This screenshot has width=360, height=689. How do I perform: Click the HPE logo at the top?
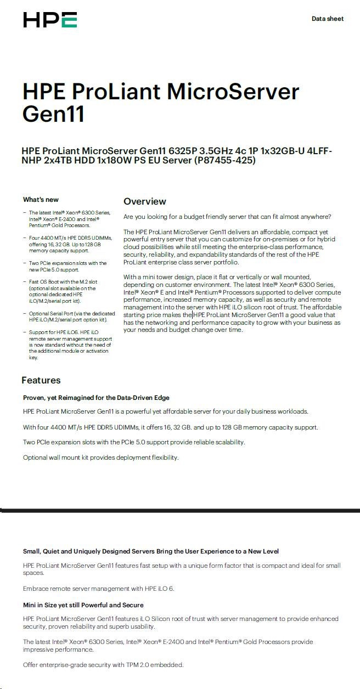[50, 20]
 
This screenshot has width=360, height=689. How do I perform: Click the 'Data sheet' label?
[327, 19]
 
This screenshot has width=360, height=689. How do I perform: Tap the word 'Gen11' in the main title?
[54, 115]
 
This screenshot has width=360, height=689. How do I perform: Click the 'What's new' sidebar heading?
[41, 200]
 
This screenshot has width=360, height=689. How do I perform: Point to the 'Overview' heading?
[144, 201]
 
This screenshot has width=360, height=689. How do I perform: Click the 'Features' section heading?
[41, 380]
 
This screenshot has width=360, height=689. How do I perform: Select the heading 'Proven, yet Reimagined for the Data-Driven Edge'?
[96, 398]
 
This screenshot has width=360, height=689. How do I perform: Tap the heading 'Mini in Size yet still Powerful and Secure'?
[83, 605]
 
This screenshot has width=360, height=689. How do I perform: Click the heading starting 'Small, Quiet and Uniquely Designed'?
[150, 551]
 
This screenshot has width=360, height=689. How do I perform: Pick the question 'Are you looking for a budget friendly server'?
[227, 217]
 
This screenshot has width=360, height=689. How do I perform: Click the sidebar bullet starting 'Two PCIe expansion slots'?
[67, 267]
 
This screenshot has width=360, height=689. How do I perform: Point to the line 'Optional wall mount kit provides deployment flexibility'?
[100, 458]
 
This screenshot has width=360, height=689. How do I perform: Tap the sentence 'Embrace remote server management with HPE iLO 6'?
[98, 589]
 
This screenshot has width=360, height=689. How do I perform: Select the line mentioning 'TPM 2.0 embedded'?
[103, 665]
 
